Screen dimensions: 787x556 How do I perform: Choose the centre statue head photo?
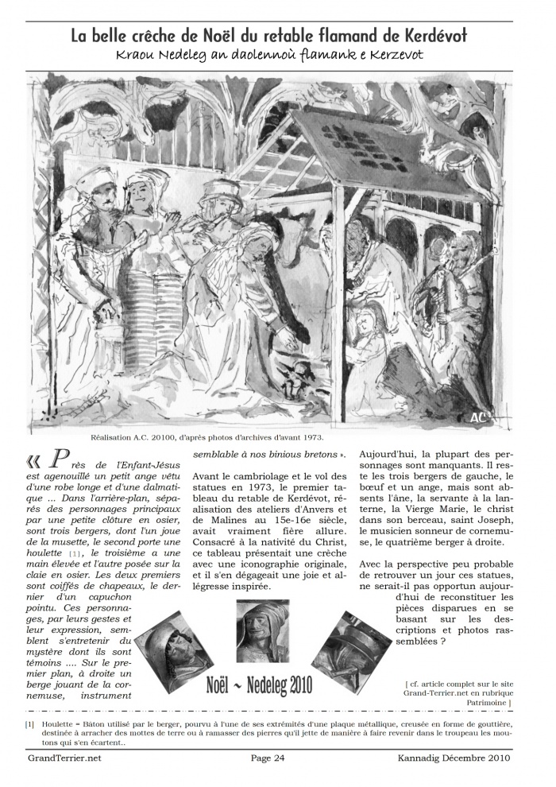pos(263,629)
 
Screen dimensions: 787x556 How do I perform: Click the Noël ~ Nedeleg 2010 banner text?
pos(259,685)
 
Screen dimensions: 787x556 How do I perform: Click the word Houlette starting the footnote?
pos(56,725)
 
